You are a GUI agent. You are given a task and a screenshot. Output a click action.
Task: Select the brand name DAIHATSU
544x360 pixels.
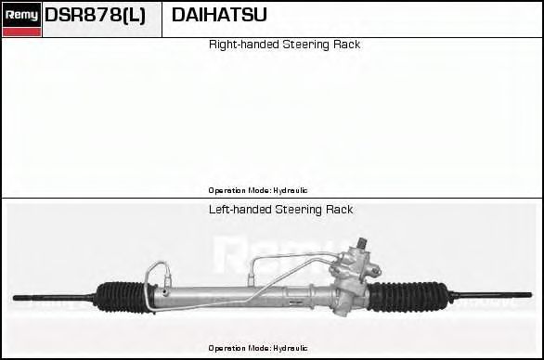pyautogui.click(x=219, y=15)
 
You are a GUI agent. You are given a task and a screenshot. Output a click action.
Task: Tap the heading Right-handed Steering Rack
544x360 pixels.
pyautogui.click(x=284, y=45)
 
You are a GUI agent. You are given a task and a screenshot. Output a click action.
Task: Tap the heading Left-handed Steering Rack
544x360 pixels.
pyautogui.click(x=280, y=210)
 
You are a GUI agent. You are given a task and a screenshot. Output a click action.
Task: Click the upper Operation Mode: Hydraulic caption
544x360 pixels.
pyautogui.click(x=258, y=189)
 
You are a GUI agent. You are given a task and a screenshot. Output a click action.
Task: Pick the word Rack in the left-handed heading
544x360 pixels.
pyautogui.click(x=339, y=210)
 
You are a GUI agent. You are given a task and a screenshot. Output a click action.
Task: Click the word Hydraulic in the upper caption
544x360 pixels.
pyautogui.click(x=290, y=189)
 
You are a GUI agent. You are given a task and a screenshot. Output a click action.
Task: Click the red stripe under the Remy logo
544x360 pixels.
pyautogui.click(x=21, y=32)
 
